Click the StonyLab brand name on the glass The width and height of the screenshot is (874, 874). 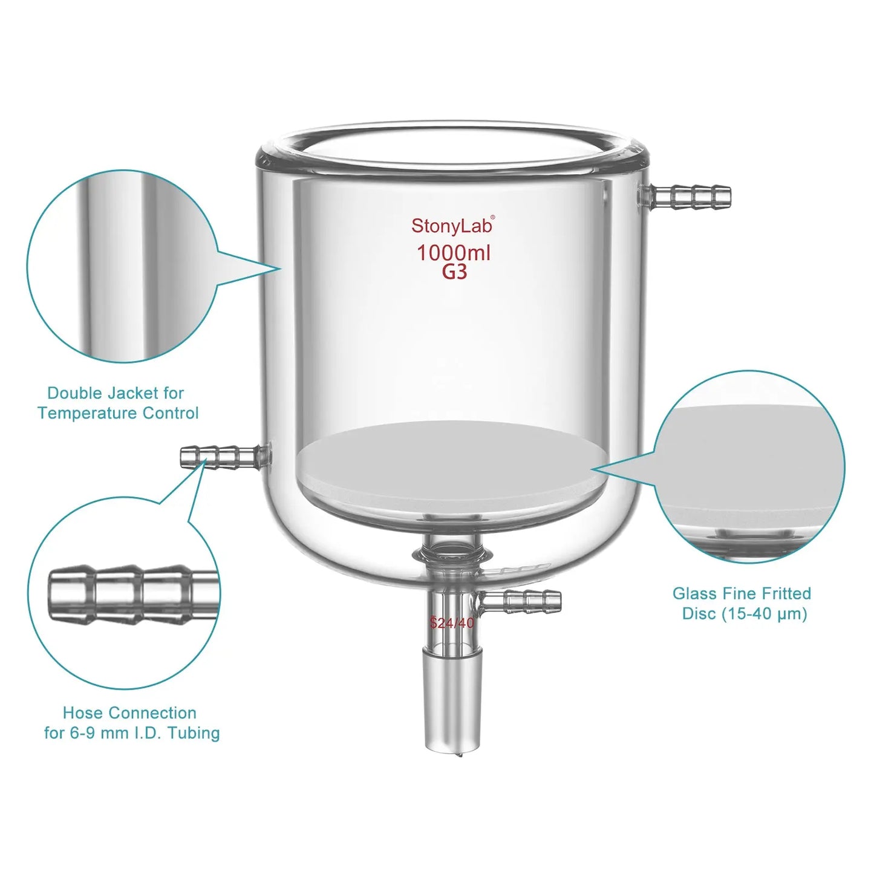pos(452,226)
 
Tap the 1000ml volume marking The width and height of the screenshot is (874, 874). pos(454,253)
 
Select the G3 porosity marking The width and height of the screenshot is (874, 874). pos(454,273)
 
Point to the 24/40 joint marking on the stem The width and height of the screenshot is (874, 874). pos(452,622)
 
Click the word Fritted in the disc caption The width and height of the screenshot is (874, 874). pos(785,593)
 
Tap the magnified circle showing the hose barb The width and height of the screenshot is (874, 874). pos(124,593)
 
